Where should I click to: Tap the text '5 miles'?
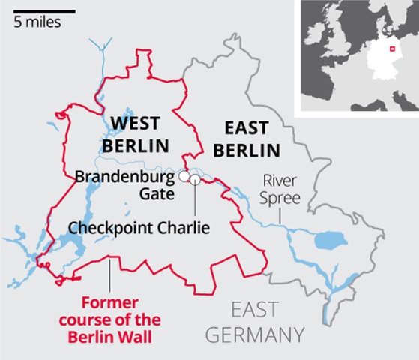37,22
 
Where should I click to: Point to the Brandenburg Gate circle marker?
182,176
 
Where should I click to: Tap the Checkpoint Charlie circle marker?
195,179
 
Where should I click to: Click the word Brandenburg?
124,178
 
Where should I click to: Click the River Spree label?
280,189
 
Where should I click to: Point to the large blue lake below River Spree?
328,241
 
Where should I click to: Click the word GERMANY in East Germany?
255,334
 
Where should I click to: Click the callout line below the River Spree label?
280,214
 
